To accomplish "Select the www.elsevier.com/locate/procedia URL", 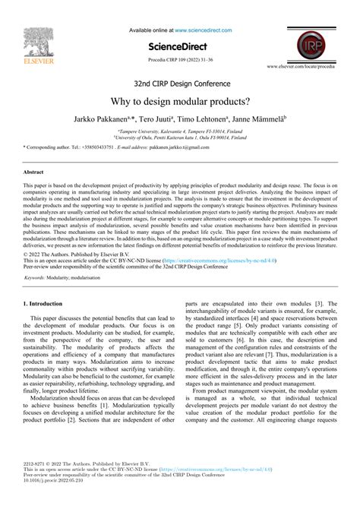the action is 310,67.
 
